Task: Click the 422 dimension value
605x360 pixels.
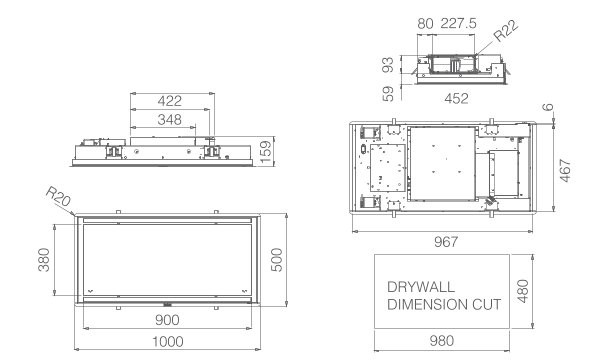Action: [169, 101]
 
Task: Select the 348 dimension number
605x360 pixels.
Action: [169, 120]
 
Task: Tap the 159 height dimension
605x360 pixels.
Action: [266, 152]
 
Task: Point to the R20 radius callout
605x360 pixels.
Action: [58, 196]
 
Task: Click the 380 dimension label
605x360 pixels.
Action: [44, 260]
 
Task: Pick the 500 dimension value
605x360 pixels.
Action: [277, 260]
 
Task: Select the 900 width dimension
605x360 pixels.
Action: [167, 320]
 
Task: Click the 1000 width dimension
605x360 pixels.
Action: [167, 341]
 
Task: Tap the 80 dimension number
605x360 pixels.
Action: [425, 24]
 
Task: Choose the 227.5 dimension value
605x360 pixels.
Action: [458, 24]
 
